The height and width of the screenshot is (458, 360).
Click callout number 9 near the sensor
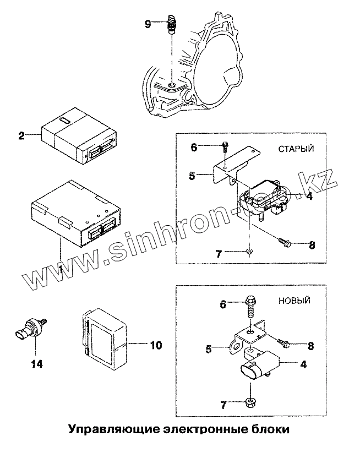pyautogui.click(x=148, y=23)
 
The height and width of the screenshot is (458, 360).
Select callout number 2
pyautogui.click(x=21, y=135)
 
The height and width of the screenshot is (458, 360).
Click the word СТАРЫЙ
pyautogui.click(x=296, y=149)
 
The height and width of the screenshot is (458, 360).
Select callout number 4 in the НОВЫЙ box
pyautogui.click(x=303, y=364)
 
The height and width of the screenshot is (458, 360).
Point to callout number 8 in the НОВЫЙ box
pyautogui.click(x=311, y=346)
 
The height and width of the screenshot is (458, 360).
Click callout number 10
pyautogui.click(x=156, y=345)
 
